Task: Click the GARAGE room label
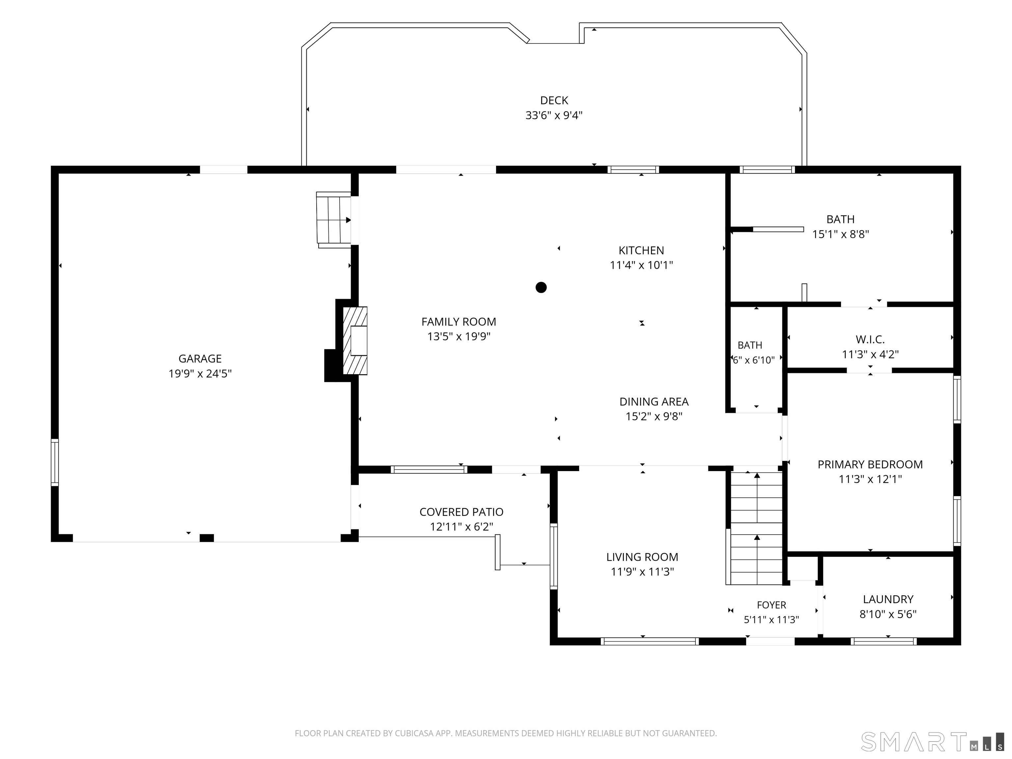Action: tap(200, 359)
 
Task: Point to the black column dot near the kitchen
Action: tap(541, 287)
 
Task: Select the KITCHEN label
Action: tap(641, 250)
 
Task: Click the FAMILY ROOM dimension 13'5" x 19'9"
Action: tap(459, 337)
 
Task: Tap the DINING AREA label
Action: tap(654, 402)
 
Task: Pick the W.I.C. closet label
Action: tap(870, 339)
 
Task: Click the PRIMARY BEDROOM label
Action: tap(870, 464)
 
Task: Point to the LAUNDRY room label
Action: tap(888, 599)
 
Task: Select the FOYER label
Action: tap(771, 605)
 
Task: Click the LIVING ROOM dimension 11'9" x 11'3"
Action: tap(642, 572)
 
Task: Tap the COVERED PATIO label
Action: tap(461, 512)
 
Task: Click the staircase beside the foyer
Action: tap(756, 528)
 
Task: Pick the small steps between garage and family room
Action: tap(333, 220)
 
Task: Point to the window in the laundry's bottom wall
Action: tap(884, 641)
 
